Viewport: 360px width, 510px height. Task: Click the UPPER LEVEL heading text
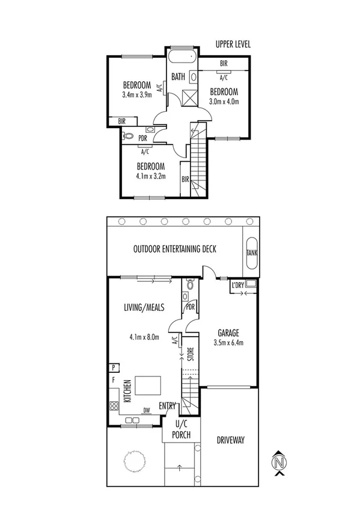[x=233, y=44]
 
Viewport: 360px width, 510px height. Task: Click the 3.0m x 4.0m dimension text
[x=224, y=101]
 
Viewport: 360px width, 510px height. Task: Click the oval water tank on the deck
[x=251, y=253]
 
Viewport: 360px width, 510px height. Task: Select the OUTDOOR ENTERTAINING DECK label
[x=175, y=249]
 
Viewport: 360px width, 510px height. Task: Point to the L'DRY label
[x=238, y=286]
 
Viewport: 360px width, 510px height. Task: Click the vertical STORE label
[x=191, y=356]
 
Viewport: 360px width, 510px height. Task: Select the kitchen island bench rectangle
[x=148, y=385]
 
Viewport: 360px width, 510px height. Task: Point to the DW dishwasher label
[x=147, y=411]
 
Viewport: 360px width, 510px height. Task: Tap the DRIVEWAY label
[x=230, y=440]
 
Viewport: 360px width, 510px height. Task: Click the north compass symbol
[x=278, y=462]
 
